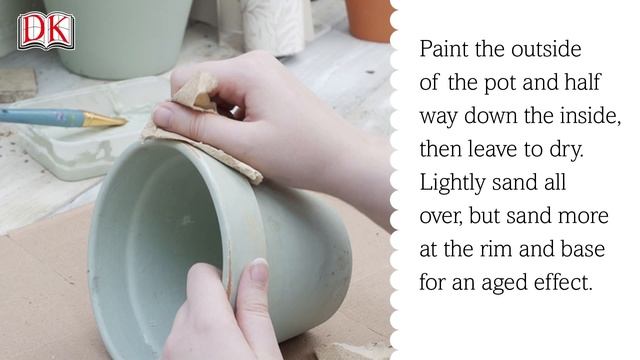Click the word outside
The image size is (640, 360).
coord(545,49)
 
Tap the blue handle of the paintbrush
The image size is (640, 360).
coord(40,116)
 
